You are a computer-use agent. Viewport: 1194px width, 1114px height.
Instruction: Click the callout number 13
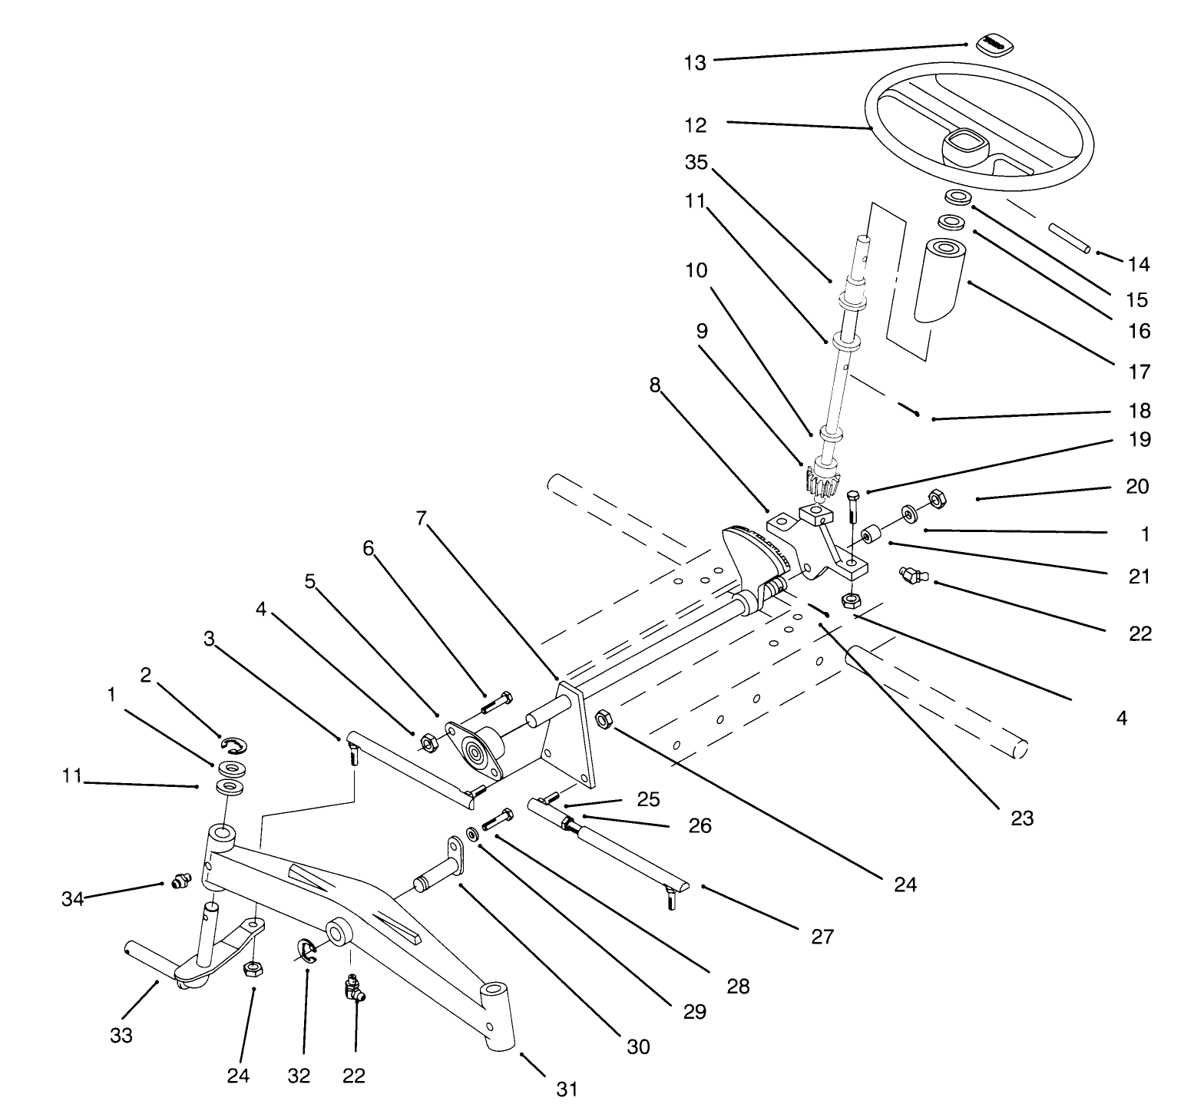(695, 63)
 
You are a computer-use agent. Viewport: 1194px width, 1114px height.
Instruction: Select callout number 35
(696, 164)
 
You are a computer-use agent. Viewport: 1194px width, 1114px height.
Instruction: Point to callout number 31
(566, 1089)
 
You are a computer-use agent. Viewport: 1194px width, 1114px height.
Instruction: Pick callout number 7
(420, 518)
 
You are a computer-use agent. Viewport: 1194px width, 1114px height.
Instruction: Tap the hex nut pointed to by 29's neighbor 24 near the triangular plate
(604, 719)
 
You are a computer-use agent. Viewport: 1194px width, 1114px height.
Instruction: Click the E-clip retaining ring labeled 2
(235, 743)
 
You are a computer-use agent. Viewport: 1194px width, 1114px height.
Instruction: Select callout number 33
(121, 1036)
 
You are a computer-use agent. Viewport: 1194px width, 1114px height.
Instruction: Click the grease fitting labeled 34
(181, 881)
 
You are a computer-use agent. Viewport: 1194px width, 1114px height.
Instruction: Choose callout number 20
(1137, 487)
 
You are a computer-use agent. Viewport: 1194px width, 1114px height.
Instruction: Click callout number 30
(638, 1046)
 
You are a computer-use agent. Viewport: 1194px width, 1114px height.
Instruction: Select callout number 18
(1140, 411)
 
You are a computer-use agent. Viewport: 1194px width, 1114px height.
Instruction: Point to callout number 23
(1021, 818)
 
